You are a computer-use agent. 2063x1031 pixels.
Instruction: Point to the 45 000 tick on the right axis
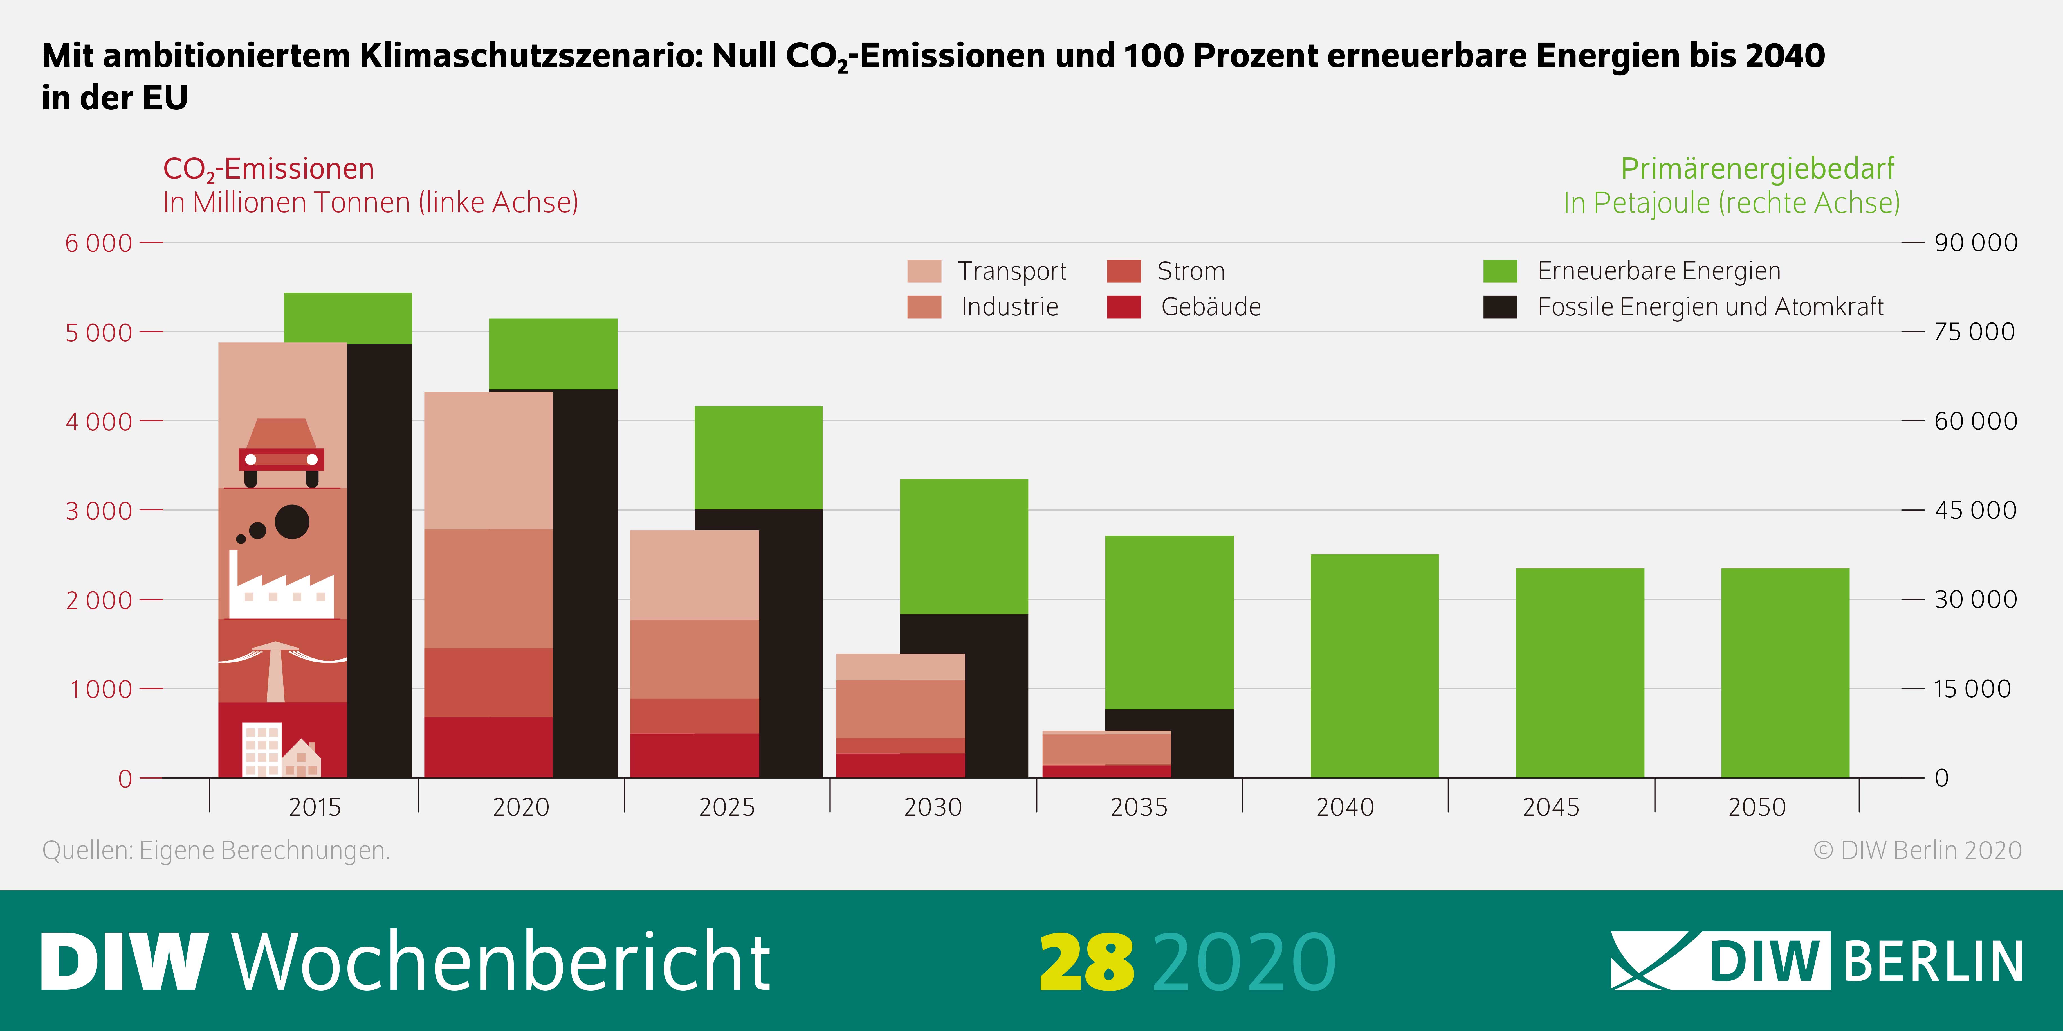(1975, 510)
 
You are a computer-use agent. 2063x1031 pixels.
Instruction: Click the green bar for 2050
(1785, 673)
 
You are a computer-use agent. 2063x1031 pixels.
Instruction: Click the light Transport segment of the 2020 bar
(488, 460)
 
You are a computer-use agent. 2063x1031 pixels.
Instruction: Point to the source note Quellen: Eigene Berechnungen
(216, 850)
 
